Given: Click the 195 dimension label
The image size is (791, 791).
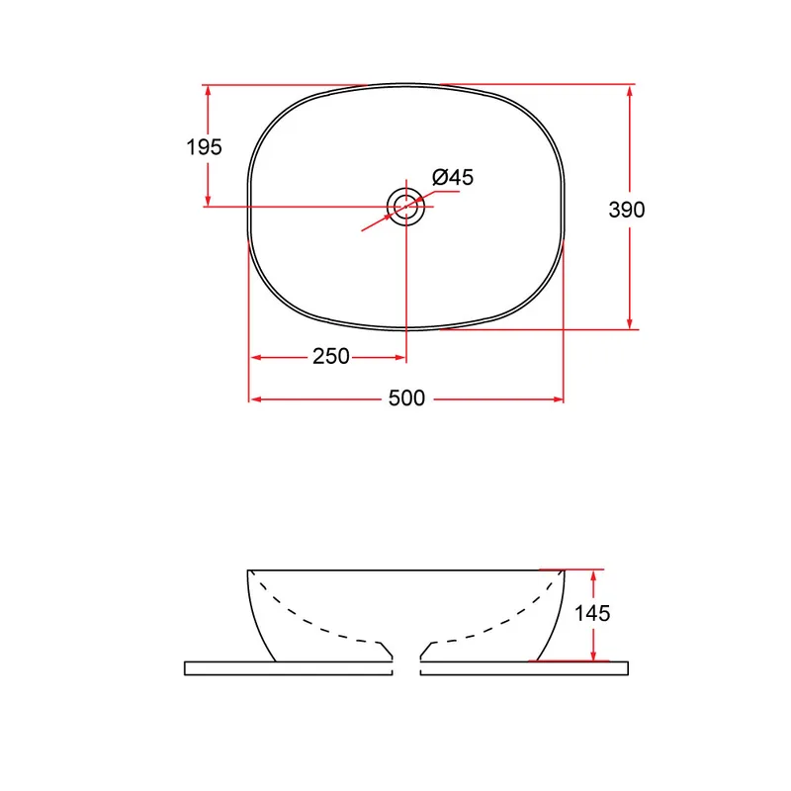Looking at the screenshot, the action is [x=205, y=147].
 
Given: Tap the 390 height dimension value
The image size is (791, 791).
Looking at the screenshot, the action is [x=627, y=210].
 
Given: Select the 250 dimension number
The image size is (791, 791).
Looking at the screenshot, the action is [x=331, y=357].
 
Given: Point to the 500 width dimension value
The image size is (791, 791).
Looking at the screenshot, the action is [x=406, y=398].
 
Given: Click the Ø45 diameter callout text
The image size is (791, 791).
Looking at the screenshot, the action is [x=453, y=177].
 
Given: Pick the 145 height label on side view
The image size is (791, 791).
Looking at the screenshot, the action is [x=592, y=613].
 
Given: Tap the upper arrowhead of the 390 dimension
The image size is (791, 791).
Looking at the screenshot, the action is [x=629, y=92].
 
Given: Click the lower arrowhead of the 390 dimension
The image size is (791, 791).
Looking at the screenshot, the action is [x=629, y=322].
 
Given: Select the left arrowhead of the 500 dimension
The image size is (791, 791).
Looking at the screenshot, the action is [x=256, y=399].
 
